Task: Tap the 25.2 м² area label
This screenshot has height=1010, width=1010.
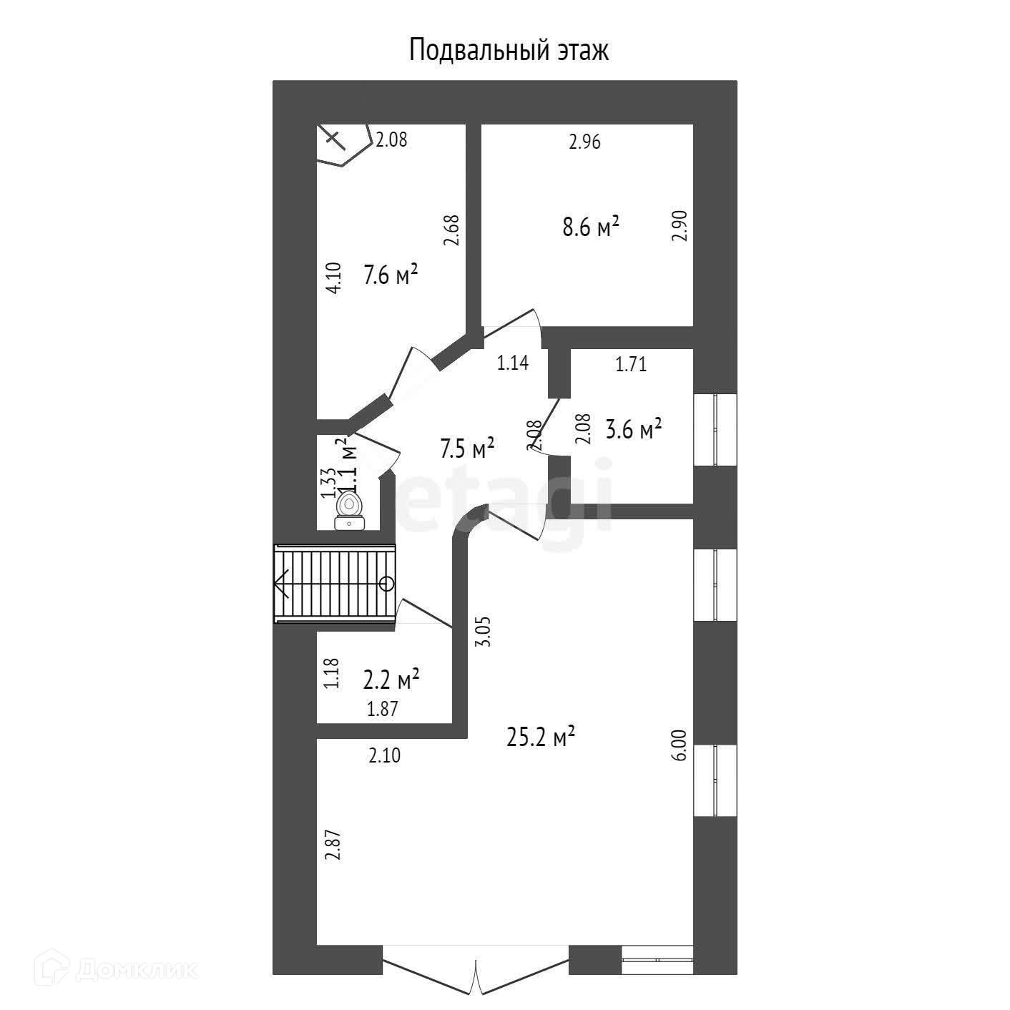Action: [541, 737]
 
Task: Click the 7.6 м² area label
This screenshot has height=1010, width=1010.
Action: [391, 275]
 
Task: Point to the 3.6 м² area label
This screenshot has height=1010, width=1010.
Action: [633, 430]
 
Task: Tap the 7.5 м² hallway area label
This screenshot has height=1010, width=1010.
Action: [467, 449]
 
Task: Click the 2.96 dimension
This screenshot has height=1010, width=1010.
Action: [584, 142]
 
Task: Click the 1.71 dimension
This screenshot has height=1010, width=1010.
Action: [631, 364]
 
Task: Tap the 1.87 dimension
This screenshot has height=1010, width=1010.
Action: [382, 709]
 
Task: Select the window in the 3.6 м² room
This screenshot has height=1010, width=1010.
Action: [715, 429]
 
